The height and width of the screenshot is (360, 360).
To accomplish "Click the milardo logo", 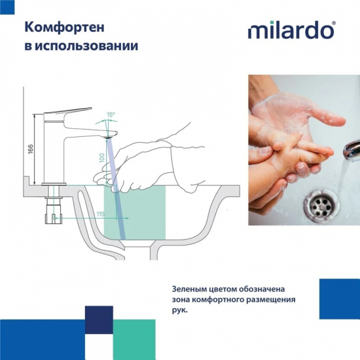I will click(292, 30).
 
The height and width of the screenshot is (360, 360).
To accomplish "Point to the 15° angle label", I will click(111, 115).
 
